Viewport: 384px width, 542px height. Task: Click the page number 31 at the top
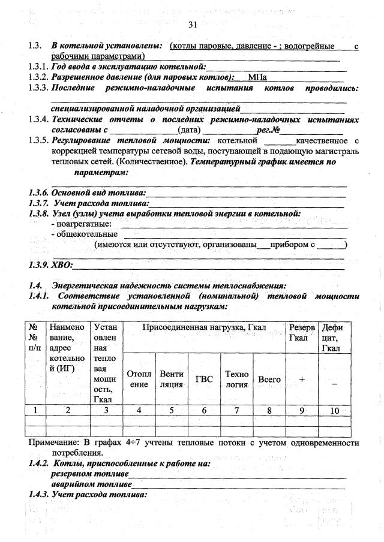[x=192, y=25]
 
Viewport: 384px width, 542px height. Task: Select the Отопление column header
[x=139, y=379]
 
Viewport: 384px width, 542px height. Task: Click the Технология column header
[x=236, y=379]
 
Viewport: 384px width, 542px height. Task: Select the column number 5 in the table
[x=171, y=410]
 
